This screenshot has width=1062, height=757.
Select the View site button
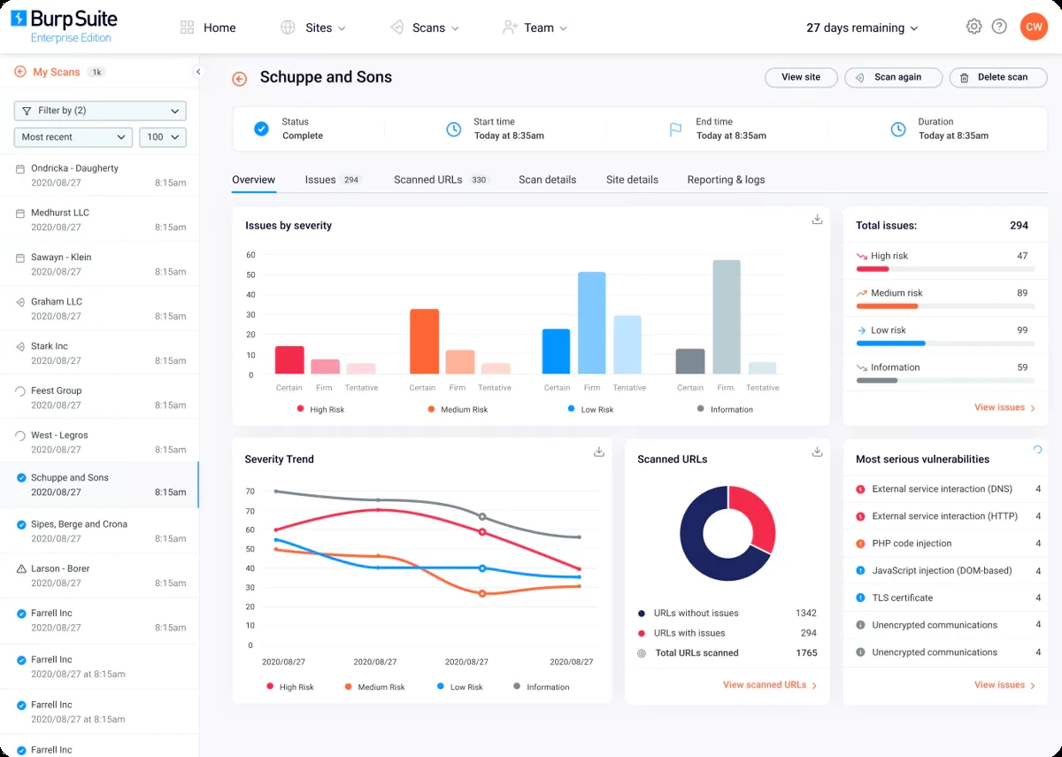click(x=800, y=78)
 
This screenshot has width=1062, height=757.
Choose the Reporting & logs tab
click(x=726, y=180)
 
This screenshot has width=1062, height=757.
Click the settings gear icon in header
click(x=973, y=27)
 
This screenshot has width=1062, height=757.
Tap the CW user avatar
click(x=1033, y=27)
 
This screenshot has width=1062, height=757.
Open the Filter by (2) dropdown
click(x=100, y=111)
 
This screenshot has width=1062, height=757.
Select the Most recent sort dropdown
click(x=73, y=137)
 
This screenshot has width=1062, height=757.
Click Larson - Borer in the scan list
click(x=60, y=568)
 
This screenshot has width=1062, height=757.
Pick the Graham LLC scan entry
click(x=57, y=302)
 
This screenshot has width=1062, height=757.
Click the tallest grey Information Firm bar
click(x=726, y=317)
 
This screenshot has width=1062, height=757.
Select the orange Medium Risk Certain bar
click(x=424, y=341)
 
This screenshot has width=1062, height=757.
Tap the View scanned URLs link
click(x=769, y=685)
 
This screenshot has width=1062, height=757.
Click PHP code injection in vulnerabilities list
click(x=912, y=544)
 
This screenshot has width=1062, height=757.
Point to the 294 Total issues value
click(x=1019, y=226)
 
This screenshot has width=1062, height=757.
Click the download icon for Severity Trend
click(x=599, y=452)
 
